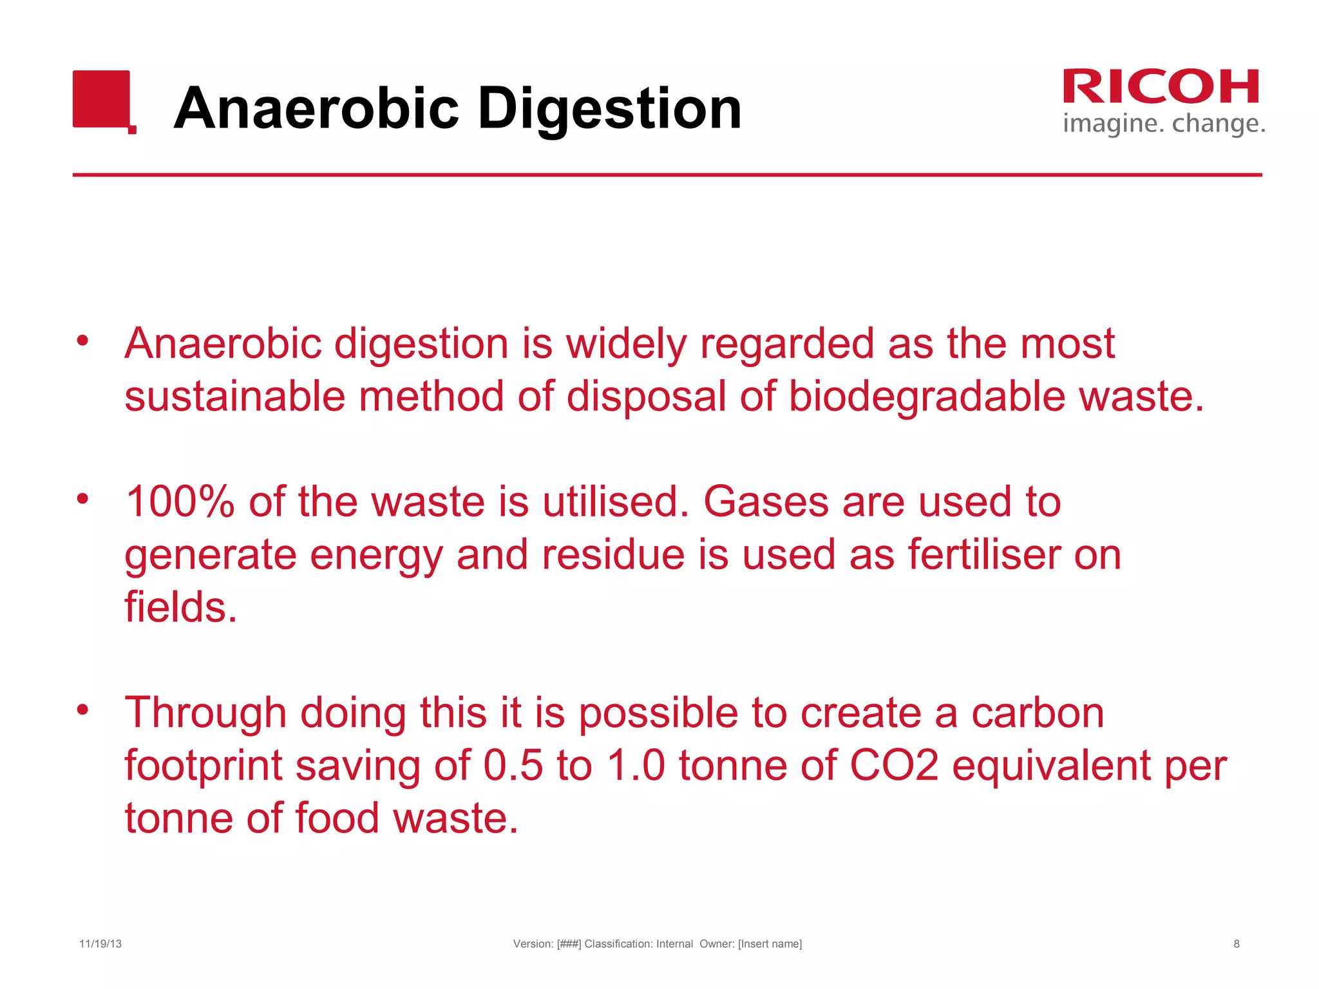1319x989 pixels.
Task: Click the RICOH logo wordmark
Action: tap(1161, 87)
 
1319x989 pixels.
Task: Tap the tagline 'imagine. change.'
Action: tap(1164, 123)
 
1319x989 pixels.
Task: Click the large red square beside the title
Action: tap(102, 99)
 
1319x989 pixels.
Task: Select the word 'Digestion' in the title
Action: tap(609, 109)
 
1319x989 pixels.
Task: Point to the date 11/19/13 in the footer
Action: tap(100, 944)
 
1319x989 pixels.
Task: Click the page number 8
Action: tap(1237, 944)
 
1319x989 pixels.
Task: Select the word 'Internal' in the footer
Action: tap(674, 944)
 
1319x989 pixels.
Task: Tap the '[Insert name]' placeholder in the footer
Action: tap(770, 944)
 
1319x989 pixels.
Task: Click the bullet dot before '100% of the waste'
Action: tap(82, 499)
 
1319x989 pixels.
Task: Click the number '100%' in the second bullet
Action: tap(180, 502)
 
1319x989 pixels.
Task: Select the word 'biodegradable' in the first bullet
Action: tap(927, 396)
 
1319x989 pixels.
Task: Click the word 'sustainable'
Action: tap(234, 396)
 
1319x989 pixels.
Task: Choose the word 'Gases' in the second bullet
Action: tap(766, 502)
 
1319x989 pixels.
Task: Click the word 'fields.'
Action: tap(181, 607)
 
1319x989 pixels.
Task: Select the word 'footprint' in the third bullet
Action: tap(204, 767)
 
